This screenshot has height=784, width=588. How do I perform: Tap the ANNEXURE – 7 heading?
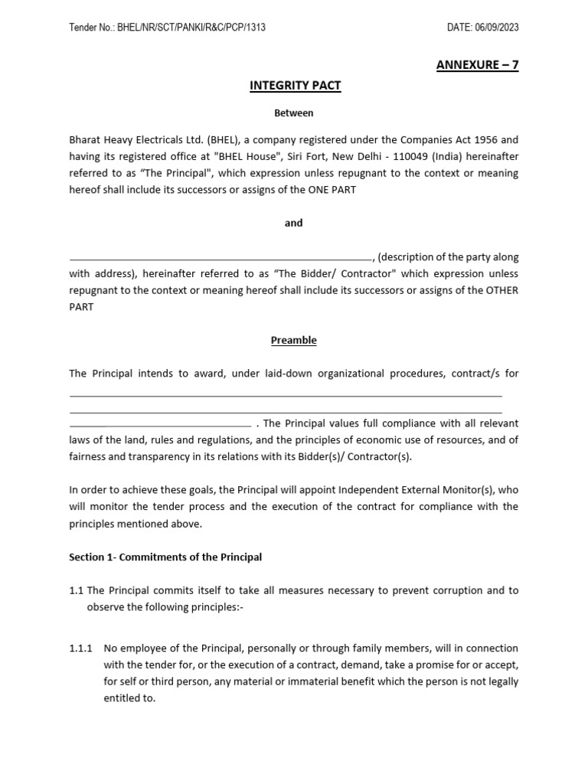tap(477, 65)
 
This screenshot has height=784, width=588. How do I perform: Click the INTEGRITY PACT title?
tap(295, 86)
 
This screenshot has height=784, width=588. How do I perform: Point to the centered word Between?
tap(294, 113)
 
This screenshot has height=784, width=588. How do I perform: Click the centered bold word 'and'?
tap(294, 223)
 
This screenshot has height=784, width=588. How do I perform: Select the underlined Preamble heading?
tap(294, 340)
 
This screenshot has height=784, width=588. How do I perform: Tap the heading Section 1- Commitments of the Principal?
tap(165, 557)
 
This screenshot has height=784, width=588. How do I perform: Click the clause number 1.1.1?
tap(80, 648)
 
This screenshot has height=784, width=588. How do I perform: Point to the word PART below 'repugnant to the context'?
tap(81, 306)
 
